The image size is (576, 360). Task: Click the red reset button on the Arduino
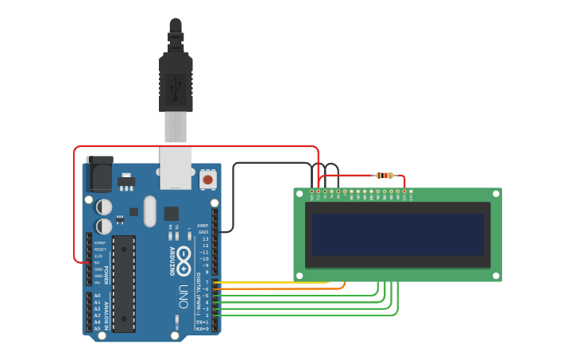[207, 180]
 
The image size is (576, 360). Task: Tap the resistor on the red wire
[385, 175]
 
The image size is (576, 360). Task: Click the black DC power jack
[99, 174]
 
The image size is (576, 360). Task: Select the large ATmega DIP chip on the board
[123, 283]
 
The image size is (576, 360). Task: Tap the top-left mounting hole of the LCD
[299, 193]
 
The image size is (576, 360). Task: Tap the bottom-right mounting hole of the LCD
[497, 276]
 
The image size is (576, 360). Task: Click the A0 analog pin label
[97, 296]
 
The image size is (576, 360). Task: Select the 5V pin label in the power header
[99, 262]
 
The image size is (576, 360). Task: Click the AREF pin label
[203, 226]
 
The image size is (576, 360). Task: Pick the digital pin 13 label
[205, 238]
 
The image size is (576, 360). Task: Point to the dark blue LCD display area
[397, 234]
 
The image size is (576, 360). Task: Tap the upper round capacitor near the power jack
[104, 207]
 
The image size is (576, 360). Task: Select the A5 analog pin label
[97, 328]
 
